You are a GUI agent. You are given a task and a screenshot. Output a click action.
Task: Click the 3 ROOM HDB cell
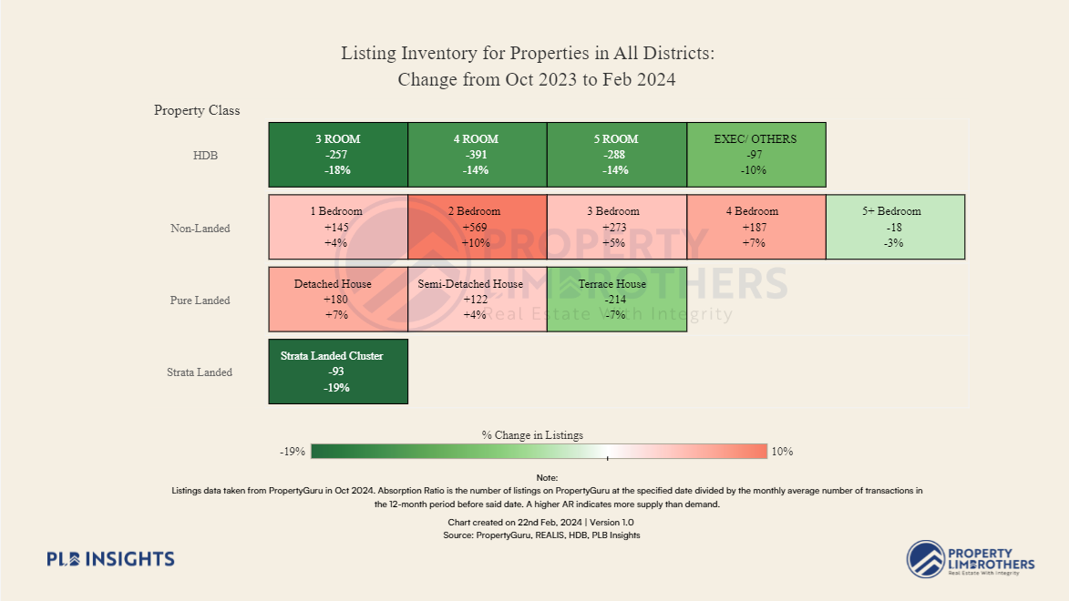338,155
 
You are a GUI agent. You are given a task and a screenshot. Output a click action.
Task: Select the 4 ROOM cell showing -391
477,155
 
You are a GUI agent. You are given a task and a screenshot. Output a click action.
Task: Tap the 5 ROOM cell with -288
616,155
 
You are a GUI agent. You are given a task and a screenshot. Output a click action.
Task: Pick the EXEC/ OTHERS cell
755,155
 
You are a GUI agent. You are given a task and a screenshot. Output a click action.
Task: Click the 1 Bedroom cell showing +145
338,227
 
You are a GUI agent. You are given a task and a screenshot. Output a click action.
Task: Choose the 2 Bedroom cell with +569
477,227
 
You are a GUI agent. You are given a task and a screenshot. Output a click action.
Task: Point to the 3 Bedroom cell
616,227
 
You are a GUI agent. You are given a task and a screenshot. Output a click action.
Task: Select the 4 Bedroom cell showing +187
755,227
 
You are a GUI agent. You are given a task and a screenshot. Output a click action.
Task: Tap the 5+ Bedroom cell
894,227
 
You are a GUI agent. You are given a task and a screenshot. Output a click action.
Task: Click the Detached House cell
338,299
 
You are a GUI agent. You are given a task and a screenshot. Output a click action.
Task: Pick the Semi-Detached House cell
477,299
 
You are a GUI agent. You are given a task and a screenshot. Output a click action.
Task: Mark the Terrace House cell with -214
616,299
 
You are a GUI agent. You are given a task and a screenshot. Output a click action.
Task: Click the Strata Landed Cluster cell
338,371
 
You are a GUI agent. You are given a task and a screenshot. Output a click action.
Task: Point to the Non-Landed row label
200,229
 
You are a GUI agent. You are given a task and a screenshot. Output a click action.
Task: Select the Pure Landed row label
200,300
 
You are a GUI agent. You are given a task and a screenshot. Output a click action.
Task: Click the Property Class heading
197,110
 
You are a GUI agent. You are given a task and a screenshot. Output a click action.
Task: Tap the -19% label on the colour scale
292,452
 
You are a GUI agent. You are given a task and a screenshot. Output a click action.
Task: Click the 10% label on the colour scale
782,452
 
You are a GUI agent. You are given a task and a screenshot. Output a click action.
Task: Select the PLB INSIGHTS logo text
110,559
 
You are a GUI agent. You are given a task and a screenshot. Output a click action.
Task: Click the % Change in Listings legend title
532,435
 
